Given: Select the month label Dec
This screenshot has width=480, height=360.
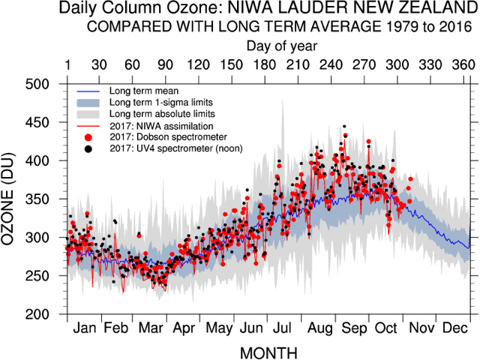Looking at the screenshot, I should tap(454, 328).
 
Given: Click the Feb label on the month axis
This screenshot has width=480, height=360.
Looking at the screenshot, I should tap(116, 328).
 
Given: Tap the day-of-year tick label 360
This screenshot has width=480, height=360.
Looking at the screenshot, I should tap(463, 64).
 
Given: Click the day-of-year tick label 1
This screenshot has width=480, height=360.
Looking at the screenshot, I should tap(68, 64).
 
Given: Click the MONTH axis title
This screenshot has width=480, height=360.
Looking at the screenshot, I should tap(268, 352).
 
